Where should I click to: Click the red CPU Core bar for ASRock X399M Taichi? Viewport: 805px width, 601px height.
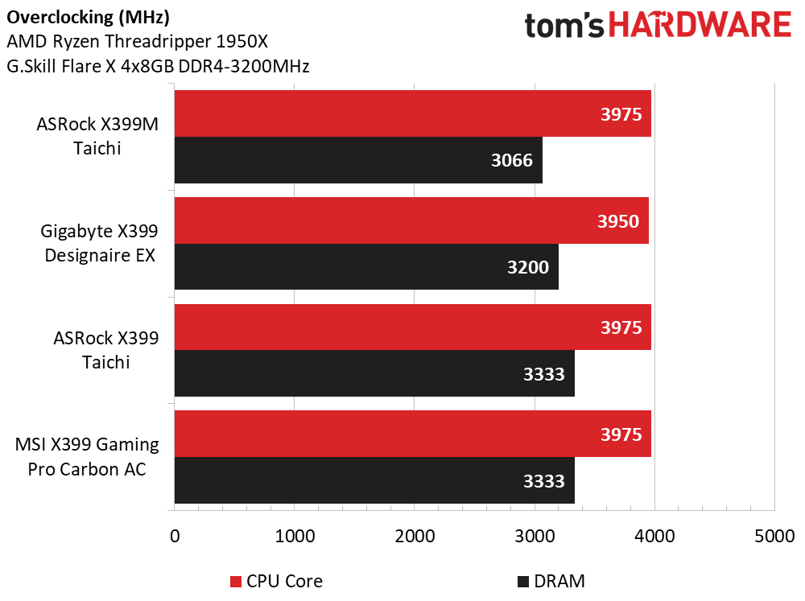[x=413, y=113]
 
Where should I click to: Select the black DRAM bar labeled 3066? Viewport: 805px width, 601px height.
[x=358, y=159]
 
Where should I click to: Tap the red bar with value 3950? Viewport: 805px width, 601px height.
[x=411, y=220]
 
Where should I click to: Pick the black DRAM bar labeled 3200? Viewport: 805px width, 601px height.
[x=366, y=266]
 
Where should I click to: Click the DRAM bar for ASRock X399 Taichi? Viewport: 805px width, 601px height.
[x=374, y=373]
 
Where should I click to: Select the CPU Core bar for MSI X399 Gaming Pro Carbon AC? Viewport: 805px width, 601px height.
[x=413, y=434]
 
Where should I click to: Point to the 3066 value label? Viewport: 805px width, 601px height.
[x=512, y=160]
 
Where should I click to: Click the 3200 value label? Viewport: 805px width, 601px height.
[x=528, y=267]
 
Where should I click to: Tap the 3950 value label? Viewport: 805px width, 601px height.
[x=618, y=221]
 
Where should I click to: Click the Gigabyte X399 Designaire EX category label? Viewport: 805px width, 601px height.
[x=100, y=243]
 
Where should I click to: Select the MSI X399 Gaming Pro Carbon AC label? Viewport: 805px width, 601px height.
[x=87, y=456]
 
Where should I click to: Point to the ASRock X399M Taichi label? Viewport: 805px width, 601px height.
[x=97, y=136]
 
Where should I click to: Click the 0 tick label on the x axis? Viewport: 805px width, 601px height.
[x=175, y=537]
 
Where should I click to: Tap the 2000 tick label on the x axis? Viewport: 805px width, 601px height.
[x=415, y=537]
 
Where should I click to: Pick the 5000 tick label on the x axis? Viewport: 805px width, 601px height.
[x=774, y=537]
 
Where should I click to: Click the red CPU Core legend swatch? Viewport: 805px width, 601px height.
[x=236, y=582]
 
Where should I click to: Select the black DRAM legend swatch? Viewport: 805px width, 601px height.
[x=523, y=582]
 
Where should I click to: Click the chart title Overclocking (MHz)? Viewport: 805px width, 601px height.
[x=88, y=18]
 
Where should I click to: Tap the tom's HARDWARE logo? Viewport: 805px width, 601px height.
[x=658, y=25]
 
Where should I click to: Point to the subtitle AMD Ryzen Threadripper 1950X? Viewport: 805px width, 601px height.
[x=137, y=42]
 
